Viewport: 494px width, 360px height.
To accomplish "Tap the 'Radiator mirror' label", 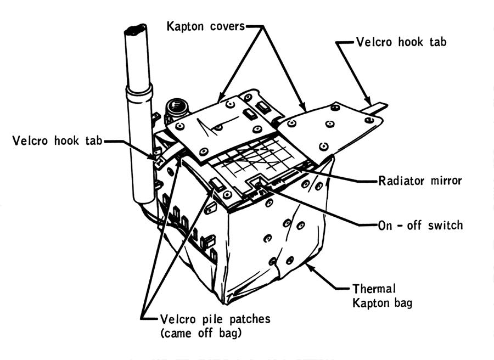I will [x=420, y=180].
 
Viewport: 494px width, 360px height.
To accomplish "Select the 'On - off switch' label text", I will [x=420, y=224].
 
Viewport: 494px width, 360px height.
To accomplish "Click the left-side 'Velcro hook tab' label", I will [x=57, y=141].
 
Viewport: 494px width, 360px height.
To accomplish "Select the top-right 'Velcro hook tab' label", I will [x=401, y=42].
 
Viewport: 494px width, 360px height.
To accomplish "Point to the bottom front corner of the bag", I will [x=224, y=302].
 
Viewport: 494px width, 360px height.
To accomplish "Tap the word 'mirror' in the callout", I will [x=444, y=180].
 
